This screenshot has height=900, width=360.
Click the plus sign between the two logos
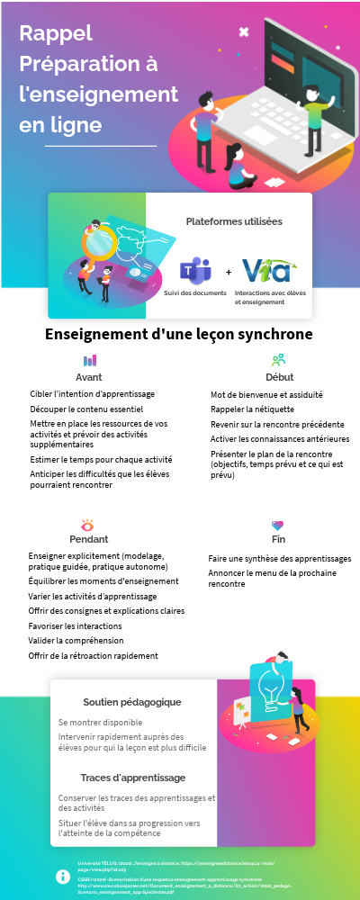[228, 272]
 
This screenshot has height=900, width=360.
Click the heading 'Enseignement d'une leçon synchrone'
[179, 334]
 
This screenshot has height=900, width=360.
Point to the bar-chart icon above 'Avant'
[89, 360]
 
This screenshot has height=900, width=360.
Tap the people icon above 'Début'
[278, 360]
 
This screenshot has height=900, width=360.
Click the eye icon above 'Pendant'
[88, 525]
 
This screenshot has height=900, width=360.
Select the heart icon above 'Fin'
[278, 525]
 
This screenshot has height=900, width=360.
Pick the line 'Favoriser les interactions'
[76, 625]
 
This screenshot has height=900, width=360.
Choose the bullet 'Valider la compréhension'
[76, 640]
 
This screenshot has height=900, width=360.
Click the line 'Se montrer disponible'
[100, 722]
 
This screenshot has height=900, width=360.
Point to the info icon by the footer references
[63, 876]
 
